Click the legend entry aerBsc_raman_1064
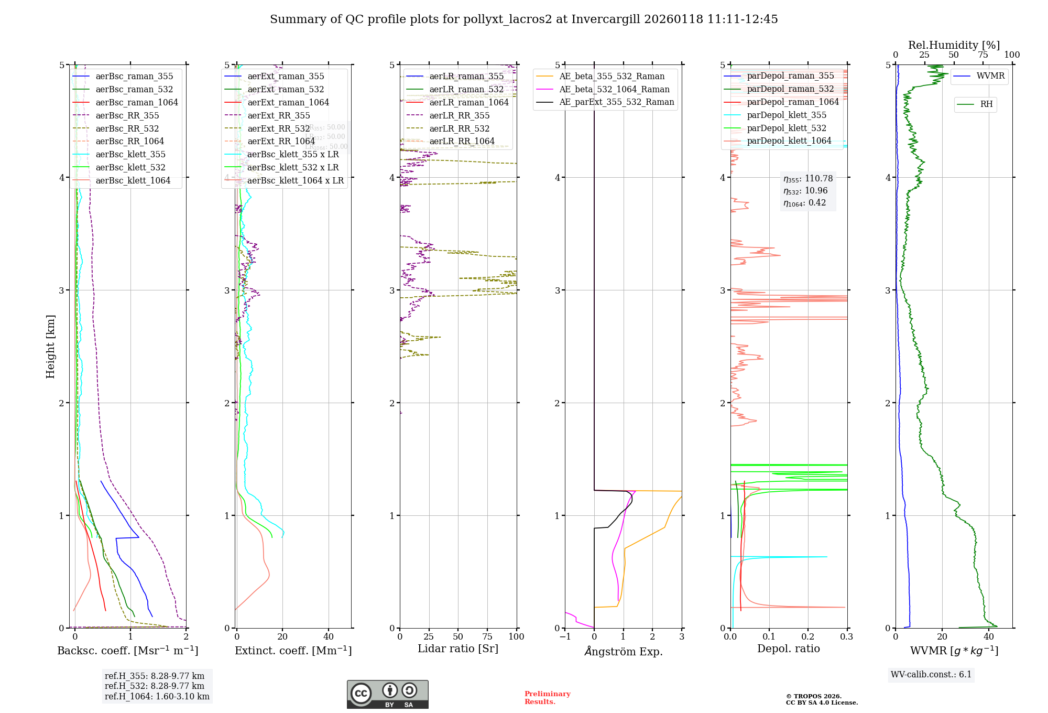pyautogui.click(x=137, y=102)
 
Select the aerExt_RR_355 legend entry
pyautogui.click(x=279, y=115)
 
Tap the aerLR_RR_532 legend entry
pyautogui.click(x=459, y=128)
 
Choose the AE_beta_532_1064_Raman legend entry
pyautogui.click(x=614, y=89)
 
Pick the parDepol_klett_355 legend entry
pyautogui.click(x=787, y=115)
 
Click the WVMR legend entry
pyautogui.click(x=990, y=76)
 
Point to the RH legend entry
pyautogui.click(x=986, y=104)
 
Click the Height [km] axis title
pyautogui.click(x=50, y=347)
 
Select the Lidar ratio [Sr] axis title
pyautogui.click(x=458, y=649)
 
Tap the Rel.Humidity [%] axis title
pyautogui.click(x=954, y=45)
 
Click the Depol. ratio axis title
pyautogui.click(x=788, y=649)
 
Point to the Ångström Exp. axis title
pyautogui.click(x=624, y=651)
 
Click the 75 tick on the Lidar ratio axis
pyautogui.click(x=487, y=636)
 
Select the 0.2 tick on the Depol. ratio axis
pyautogui.click(x=808, y=636)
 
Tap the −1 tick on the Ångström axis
pyautogui.click(x=565, y=636)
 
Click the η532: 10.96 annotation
pyautogui.click(x=805, y=191)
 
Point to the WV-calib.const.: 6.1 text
pyautogui.click(x=931, y=674)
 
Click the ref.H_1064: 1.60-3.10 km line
pyautogui.click(x=157, y=696)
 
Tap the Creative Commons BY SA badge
pyautogui.click(x=387, y=694)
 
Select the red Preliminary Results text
pyautogui.click(x=547, y=698)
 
